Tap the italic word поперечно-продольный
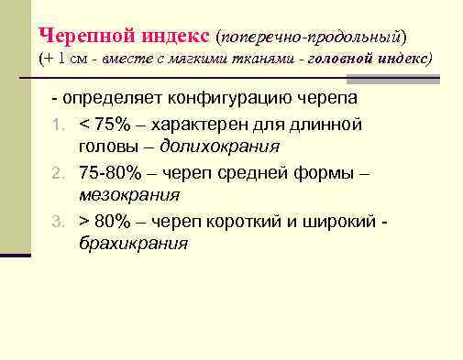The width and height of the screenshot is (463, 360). pos(309,36)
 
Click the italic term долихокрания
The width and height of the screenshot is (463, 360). pos(220,146)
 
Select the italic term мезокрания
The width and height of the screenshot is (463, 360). pos(129,195)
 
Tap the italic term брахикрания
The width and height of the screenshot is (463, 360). pos(133,244)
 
